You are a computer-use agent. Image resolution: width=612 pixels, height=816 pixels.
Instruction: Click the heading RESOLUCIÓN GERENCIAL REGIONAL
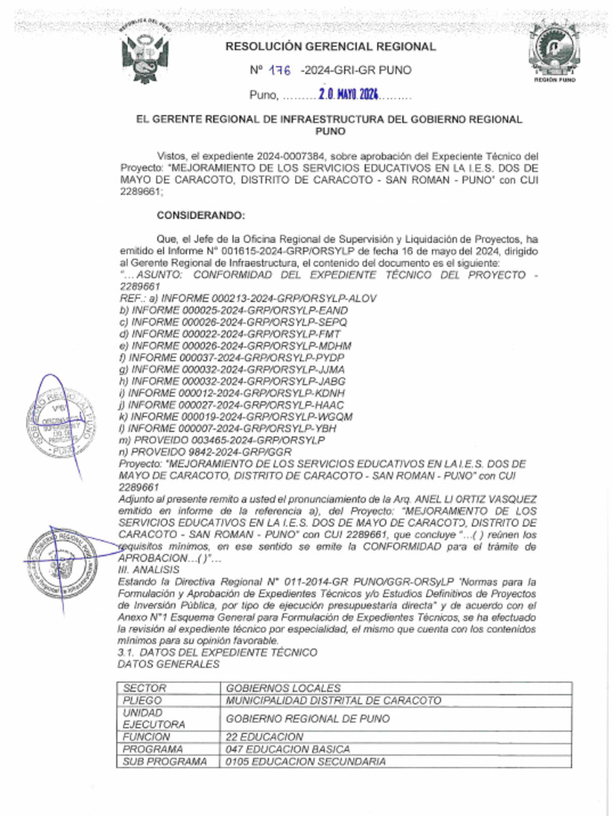point(331,47)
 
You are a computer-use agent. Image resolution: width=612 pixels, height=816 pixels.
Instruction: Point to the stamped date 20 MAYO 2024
point(348,96)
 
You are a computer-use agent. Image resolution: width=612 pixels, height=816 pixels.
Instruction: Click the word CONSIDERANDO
point(201,216)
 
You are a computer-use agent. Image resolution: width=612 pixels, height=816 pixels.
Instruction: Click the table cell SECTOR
point(143,688)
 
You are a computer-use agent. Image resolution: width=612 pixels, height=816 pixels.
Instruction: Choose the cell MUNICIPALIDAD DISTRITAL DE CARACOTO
point(333,700)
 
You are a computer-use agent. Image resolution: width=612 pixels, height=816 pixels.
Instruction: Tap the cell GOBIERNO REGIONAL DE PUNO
point(308,719)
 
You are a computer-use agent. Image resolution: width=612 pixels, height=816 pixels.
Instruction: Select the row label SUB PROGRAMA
point(158,762)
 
